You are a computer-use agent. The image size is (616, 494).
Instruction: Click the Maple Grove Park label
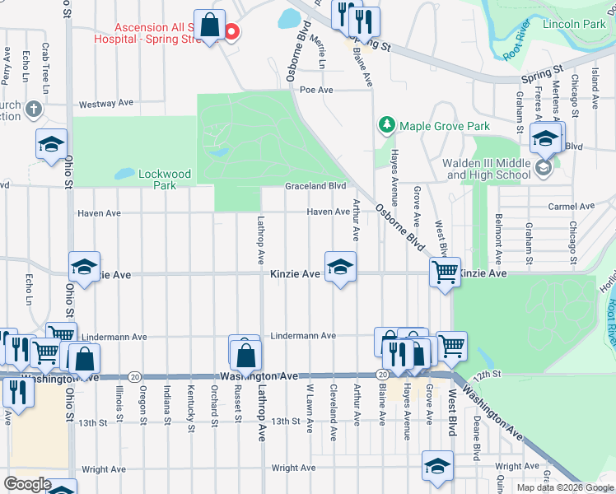(x=445, y=126)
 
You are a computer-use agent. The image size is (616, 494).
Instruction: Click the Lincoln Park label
(x=574, y=25)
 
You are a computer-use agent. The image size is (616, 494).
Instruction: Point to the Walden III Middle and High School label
(x=486, y=169)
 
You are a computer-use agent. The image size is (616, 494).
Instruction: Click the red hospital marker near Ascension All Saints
(x=232, y=32)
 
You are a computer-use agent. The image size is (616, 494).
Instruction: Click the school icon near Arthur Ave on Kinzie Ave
(x=340, y=266)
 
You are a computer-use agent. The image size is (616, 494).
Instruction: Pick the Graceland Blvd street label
(x=315, y=186)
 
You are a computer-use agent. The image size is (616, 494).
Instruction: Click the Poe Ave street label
(x=315, y=90)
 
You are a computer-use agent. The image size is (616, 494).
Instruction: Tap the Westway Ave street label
(x=105, y=105)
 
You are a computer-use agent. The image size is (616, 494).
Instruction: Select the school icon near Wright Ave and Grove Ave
(x=437, y=466)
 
